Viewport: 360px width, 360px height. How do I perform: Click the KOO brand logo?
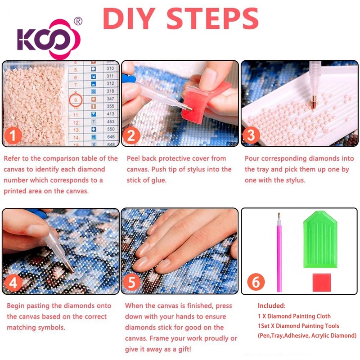49,39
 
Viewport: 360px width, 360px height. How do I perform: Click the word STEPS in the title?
212,18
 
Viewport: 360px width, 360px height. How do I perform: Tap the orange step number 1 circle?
13,135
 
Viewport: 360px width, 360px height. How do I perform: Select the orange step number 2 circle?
131,135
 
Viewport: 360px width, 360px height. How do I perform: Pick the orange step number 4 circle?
13,283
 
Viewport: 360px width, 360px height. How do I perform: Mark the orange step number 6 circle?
256,282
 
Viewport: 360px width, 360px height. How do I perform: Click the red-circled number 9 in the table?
76,100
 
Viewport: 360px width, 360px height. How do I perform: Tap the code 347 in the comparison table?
110,99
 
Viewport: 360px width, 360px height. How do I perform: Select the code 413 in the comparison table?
110,114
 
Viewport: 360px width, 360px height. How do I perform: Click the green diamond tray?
320,239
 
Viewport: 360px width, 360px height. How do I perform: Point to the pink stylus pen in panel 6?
279,252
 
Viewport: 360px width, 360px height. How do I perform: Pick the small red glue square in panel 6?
322,283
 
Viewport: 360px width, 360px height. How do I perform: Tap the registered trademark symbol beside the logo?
78,21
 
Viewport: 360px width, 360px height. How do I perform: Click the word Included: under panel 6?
272,306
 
